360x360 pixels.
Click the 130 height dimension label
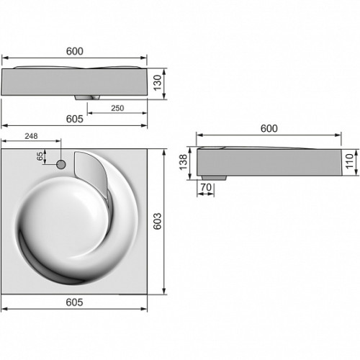[x=158, y=83]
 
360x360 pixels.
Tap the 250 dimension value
[x=117, y=108]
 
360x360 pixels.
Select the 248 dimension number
[x=31, y=136]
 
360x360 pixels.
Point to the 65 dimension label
[x=40, y=156]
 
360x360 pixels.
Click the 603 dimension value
[x=158, y=221]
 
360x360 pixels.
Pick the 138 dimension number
[x=183, y=162]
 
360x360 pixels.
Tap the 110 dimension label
[x=350, y=161]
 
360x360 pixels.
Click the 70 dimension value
[x=206, y=187]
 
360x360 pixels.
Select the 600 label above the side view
[x=269, y=129]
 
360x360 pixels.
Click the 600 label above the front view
[x=75, y=51]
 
